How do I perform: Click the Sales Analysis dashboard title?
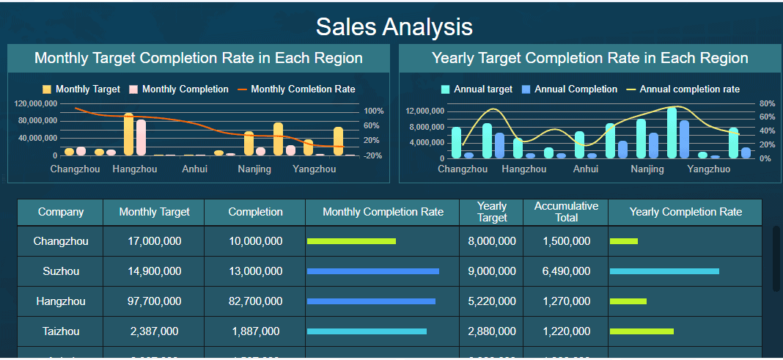pos(394,27)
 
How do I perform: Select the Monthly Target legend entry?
pos(81,89)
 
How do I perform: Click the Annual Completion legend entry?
pos(569,89)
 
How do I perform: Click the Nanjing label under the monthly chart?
pos(254,169)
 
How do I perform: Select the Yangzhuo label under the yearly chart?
pos(708,169)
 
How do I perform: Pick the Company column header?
pos(61,212)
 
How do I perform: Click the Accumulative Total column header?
pos(566,212)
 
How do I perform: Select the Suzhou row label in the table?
pos(61,271)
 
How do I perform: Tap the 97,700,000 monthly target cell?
pos(154,301)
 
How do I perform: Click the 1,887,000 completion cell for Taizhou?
pos(255,331)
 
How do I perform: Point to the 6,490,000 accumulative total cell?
pos(566,271)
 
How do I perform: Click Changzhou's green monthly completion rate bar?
pos(351,241)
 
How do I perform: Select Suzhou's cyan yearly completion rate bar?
pos(664,271)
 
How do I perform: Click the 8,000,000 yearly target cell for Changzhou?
pos(491,241)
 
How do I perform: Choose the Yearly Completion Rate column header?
pos(685,212)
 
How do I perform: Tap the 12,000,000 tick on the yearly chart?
pos(425,111)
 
